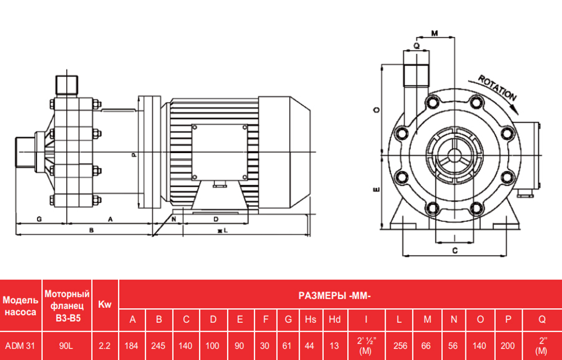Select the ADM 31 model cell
[20, 346]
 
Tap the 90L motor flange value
[66, 346]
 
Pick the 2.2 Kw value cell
[105, 346]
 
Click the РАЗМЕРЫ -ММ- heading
[335, 296]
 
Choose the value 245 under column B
[159, 346]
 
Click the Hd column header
[335, 319]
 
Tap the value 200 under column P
[508, 346]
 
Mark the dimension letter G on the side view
[39, 217]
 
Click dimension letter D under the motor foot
[215, 218]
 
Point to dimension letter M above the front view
[434, 33]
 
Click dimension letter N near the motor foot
[174, 218]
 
